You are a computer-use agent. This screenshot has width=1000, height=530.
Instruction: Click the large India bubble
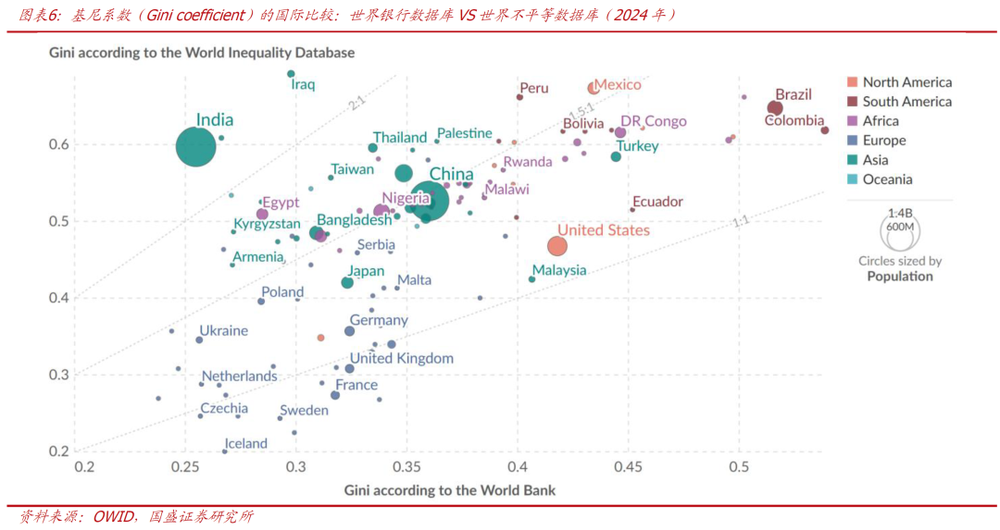pyautogui.click(x=196, y=146)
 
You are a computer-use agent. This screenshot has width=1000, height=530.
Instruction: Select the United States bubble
pyautogui.click(x=556, y=245)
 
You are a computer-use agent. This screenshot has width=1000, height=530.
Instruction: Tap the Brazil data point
pyautogui.click(x=775, y=108)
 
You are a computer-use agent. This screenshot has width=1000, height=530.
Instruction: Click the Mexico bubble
pyautogui.click(x=594, y=88)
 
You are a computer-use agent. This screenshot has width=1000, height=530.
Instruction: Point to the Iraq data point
pyautogui.click(x=291, y=74)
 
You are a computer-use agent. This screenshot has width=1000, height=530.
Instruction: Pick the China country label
pyautogui.click(x=452, y=174)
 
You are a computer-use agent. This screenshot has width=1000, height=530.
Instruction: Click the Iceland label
pyautogui.click(x=247, y=443)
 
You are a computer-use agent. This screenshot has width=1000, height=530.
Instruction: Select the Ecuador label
pyautogui.click(x=656, y=202)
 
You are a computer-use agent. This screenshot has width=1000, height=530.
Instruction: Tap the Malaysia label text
pyautogui.click(x=559, y=270)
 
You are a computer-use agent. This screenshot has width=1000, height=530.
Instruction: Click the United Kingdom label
pyautogui.click(x=402, y=358)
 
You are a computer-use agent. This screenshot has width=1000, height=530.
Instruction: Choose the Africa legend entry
pyautogui.click(x=881, y=121)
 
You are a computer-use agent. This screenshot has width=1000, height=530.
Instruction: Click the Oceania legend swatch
pyautogui.click(x=853, y=179)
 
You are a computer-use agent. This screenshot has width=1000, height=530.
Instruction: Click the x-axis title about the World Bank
pyautogui.click(x=450, y=489)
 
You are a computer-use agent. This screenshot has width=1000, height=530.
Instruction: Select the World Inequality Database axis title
pyautogui.click(x=202, y=53)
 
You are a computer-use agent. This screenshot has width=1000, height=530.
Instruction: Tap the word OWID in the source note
pyautogui.click(x=114, y=516)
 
